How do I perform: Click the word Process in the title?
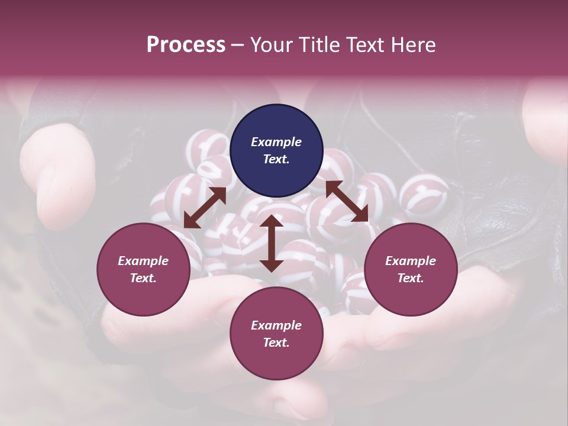[186, 45]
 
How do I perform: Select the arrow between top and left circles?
[205, 208]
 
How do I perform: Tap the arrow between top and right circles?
[347, 201]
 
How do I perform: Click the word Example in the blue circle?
[276, 142]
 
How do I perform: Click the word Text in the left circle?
[143, 278]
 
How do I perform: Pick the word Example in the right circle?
[410, 261]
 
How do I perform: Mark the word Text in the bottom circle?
[276, 343]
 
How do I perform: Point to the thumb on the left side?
[62, 177]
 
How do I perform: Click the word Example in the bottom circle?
[276, 325]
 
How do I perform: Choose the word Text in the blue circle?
[276, 159]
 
